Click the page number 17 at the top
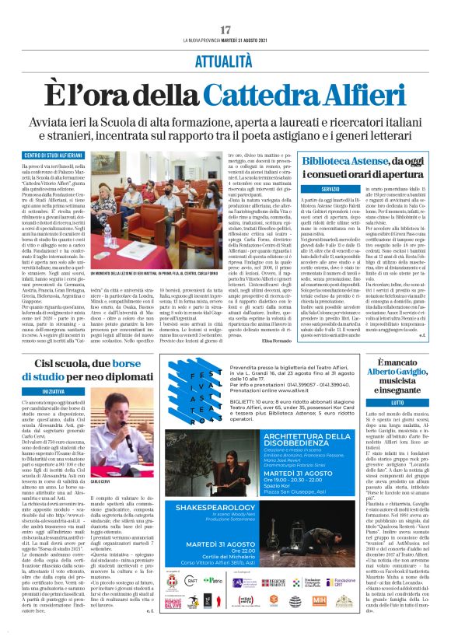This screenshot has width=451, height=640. [226, 30]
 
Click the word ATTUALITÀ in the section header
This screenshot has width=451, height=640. [226, 59]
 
